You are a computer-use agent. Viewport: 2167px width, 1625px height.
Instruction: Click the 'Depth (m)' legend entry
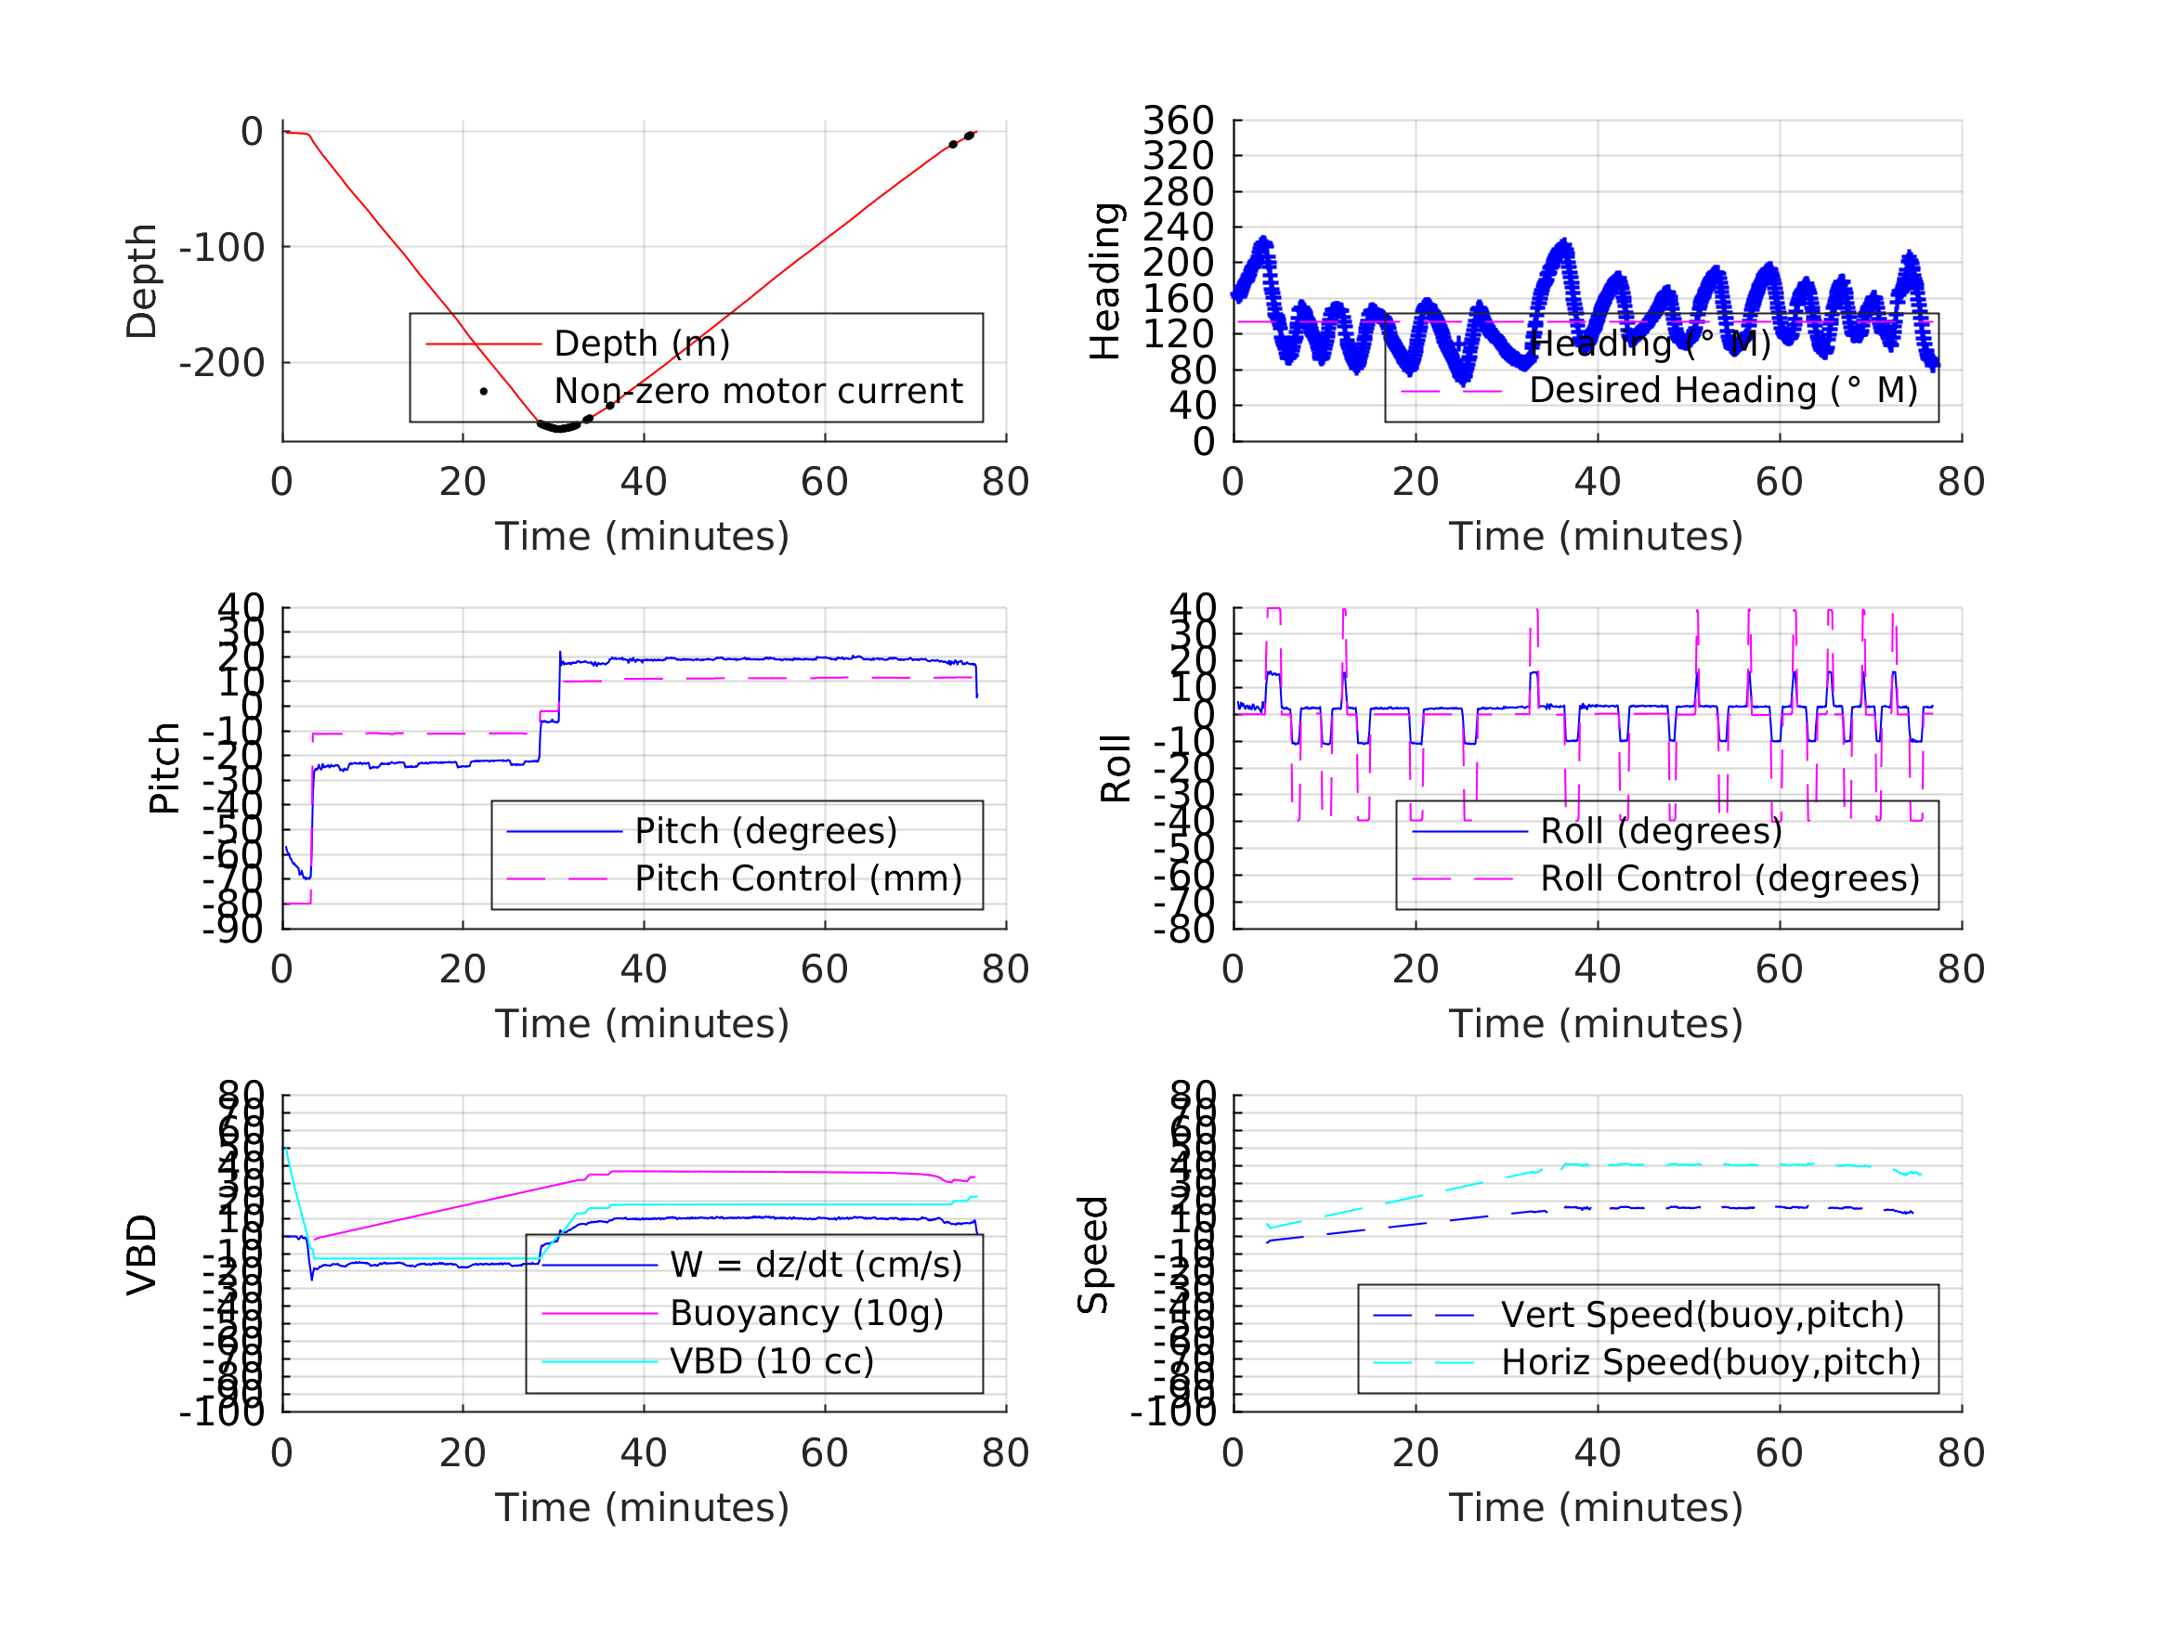642,344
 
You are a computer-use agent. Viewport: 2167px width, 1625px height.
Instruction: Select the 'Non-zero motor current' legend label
758,391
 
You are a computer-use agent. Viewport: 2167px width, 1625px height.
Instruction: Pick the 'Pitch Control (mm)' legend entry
799,878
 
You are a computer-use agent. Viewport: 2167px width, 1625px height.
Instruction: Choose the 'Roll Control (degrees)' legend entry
1730,878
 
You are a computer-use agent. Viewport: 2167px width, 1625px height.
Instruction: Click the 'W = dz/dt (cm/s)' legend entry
816,1266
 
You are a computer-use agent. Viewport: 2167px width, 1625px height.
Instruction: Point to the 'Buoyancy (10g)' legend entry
806,1314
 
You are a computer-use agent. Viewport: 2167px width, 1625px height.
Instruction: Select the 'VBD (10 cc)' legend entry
772,1361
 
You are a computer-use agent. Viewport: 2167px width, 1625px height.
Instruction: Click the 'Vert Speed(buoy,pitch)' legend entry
1703,1315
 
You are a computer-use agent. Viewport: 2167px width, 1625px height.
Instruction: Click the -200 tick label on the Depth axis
221,363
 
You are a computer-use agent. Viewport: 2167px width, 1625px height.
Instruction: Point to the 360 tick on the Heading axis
1179,121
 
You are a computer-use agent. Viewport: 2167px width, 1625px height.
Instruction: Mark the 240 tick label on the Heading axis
1179,227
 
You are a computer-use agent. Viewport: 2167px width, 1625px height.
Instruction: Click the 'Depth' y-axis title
142,281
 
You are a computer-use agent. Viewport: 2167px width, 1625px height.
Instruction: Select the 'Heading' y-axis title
1105,281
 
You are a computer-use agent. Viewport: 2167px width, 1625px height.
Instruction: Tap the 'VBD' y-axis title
142,1254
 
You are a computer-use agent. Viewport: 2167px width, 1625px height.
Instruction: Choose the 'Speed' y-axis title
1092,1254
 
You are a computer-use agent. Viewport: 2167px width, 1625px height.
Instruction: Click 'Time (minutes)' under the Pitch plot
642,1023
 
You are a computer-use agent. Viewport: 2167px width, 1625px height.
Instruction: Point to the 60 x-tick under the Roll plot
1779,969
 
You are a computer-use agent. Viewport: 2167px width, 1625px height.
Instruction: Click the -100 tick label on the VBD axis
221,1412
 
